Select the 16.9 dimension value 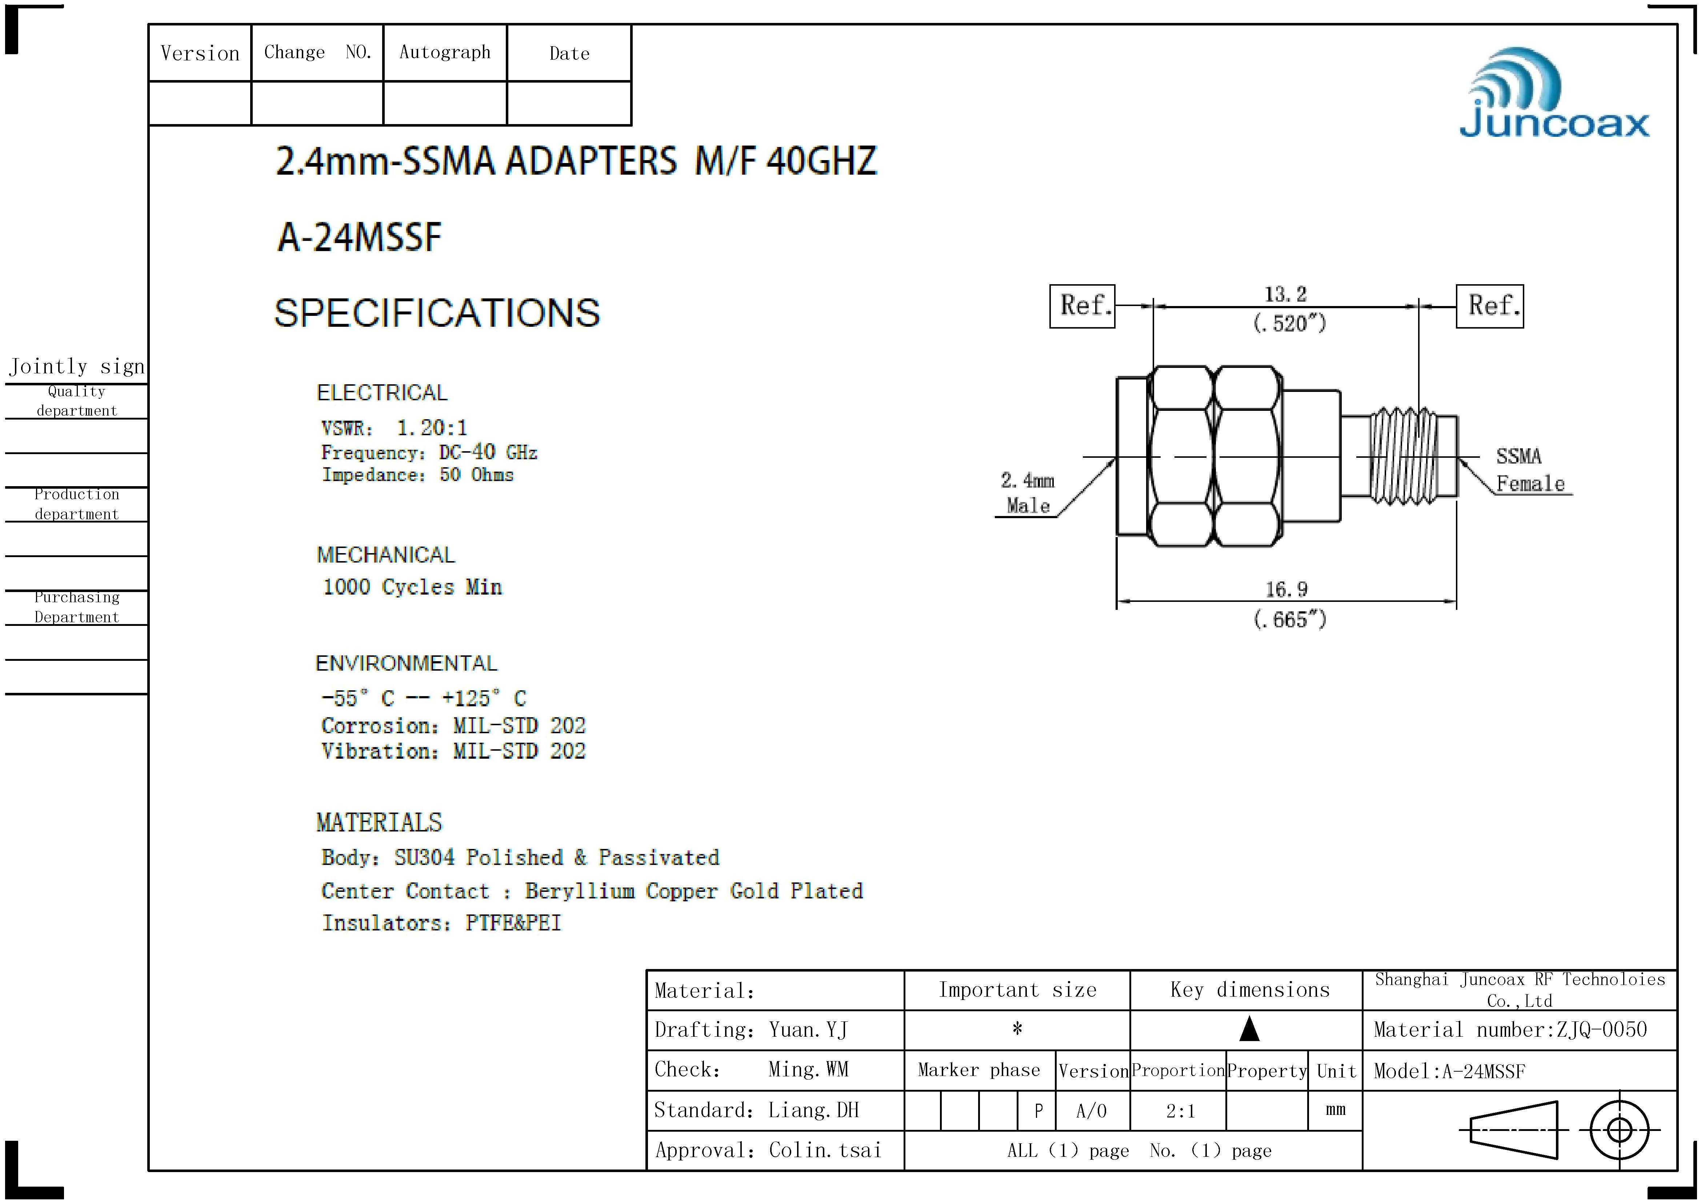click(x=1286, y=589)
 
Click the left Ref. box click(x=1082, y=306)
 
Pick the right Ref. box click(x=1490, y=306)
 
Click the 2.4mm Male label click(x=1028, y=493)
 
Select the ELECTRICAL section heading click(x=382, y=393)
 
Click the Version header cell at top click(x=200, y=53)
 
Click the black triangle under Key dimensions click(x=1250, y=1029)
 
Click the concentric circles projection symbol click(x=1620, y=1130)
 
